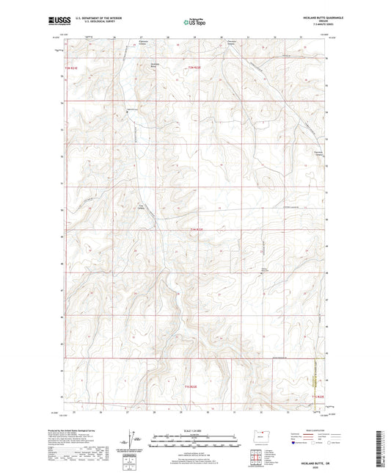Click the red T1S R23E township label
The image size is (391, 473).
pos(316,397)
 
